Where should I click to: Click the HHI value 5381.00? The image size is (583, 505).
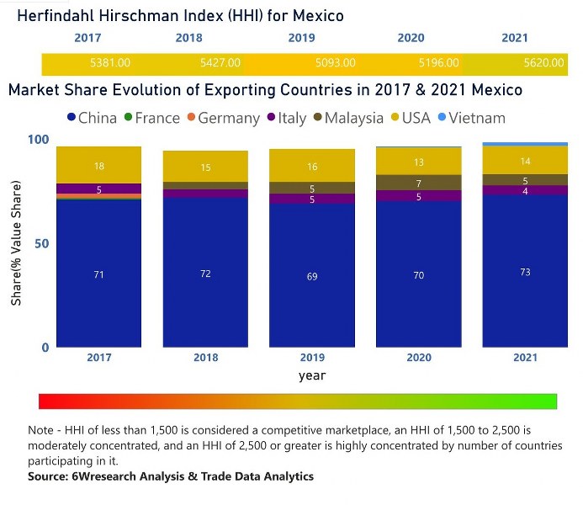click(x=110, y=63)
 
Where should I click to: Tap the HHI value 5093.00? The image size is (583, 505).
click(x=335, y=63)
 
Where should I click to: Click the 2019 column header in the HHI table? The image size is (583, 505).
click(x=302, y=38)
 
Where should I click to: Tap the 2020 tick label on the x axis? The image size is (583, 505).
click(x=418, y=357)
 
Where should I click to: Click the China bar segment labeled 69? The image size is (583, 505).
click(x=312, y=275)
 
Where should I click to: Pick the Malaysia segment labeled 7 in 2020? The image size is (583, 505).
click(x=418, y=183)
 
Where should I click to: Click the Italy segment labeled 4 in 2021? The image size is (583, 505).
click(x=525, y=190)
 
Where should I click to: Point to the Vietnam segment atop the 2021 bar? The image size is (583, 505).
click(x=525, y=144)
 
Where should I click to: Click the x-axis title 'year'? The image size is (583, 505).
click(x=311, y=375)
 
